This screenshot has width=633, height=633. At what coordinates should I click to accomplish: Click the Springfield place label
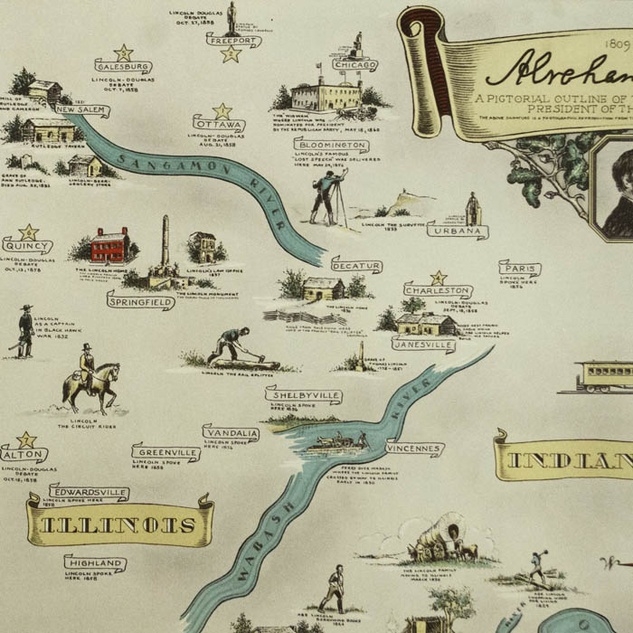(140, 299)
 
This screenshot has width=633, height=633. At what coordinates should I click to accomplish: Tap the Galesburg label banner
(123, 66)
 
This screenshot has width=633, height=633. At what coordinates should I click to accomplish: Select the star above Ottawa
(222, 111)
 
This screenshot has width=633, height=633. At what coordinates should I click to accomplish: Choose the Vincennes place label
(414, 449)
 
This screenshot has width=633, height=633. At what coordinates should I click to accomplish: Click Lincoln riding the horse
(89, 378)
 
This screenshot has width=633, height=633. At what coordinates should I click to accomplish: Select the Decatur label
(356, 266)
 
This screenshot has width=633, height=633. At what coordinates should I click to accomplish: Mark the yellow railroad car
(604, 374)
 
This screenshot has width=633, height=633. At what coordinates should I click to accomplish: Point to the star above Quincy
(29, 231)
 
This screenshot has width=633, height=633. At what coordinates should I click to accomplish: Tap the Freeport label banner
(233, 41)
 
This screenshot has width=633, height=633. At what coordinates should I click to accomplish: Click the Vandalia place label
(231, 433)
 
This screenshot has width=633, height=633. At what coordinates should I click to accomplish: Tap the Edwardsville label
(89, 493)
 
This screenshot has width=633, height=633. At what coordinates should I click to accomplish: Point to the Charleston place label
(439, 291)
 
